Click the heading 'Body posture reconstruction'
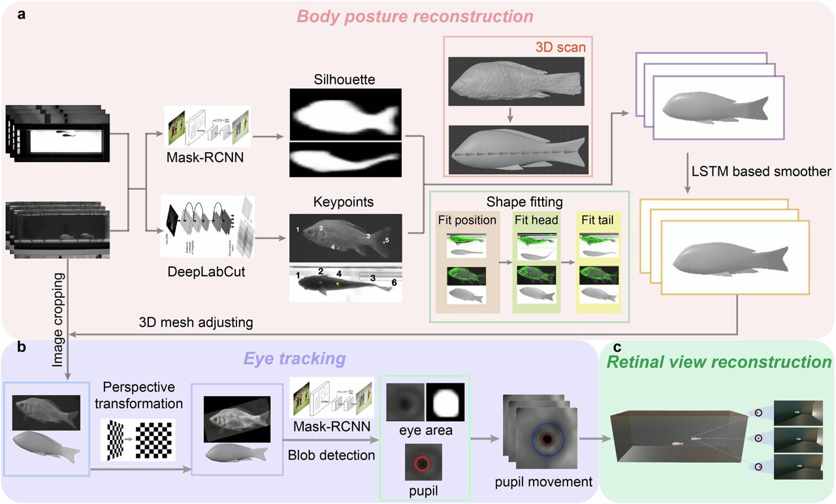pos(419,14)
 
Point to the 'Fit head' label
pos(536,220)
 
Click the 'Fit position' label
pos(467,220)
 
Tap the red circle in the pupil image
pos(421,464)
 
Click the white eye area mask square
pos(446,403)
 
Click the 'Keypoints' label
pos(344,202)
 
